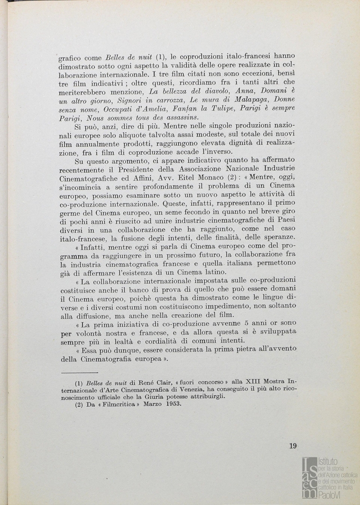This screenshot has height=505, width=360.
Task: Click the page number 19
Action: (293, 446)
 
